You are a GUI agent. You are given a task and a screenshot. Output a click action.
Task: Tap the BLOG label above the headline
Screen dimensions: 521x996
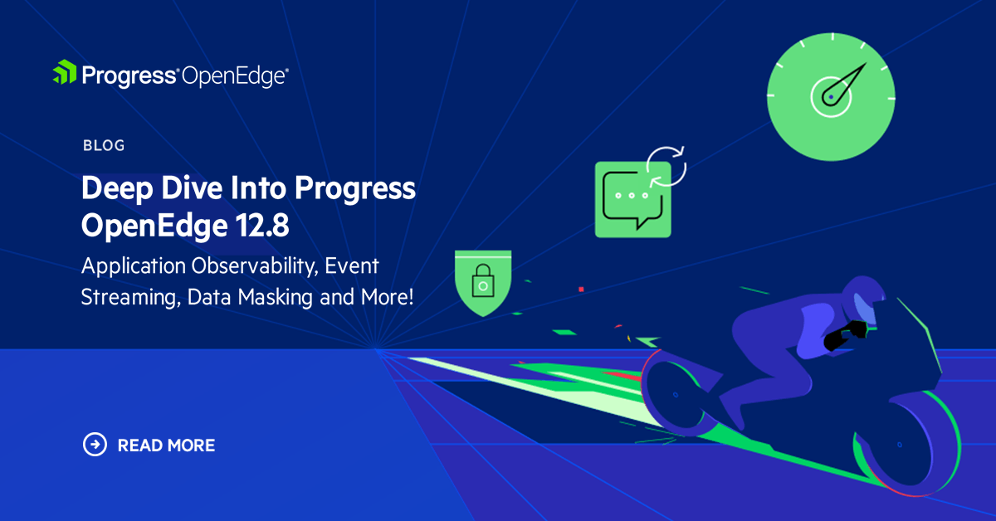coord(104,145)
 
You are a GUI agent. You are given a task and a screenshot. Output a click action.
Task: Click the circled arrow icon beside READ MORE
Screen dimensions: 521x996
coord(95,445)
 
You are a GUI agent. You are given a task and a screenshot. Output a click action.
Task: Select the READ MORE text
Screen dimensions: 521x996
coord(166,446)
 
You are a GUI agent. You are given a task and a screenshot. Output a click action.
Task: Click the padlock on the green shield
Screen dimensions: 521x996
coord(481,284)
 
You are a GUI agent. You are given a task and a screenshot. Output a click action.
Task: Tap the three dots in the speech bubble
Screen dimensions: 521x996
coord(632,197)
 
